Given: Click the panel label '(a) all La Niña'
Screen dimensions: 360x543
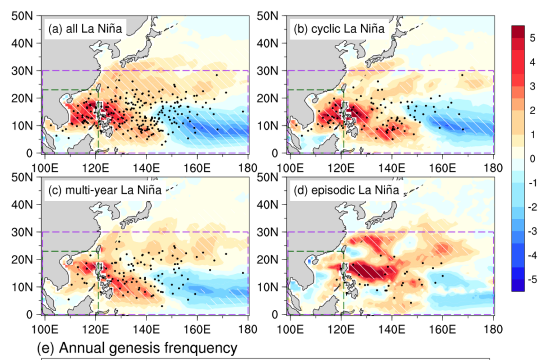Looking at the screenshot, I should [86, 29].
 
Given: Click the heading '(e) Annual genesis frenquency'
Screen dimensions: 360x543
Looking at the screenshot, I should [137, 349].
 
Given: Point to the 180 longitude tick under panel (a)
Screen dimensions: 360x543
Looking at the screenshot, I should [248, 167].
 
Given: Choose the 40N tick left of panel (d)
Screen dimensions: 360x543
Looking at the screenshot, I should [270, 204].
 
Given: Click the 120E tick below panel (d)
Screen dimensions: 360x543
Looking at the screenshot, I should [340, 328].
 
